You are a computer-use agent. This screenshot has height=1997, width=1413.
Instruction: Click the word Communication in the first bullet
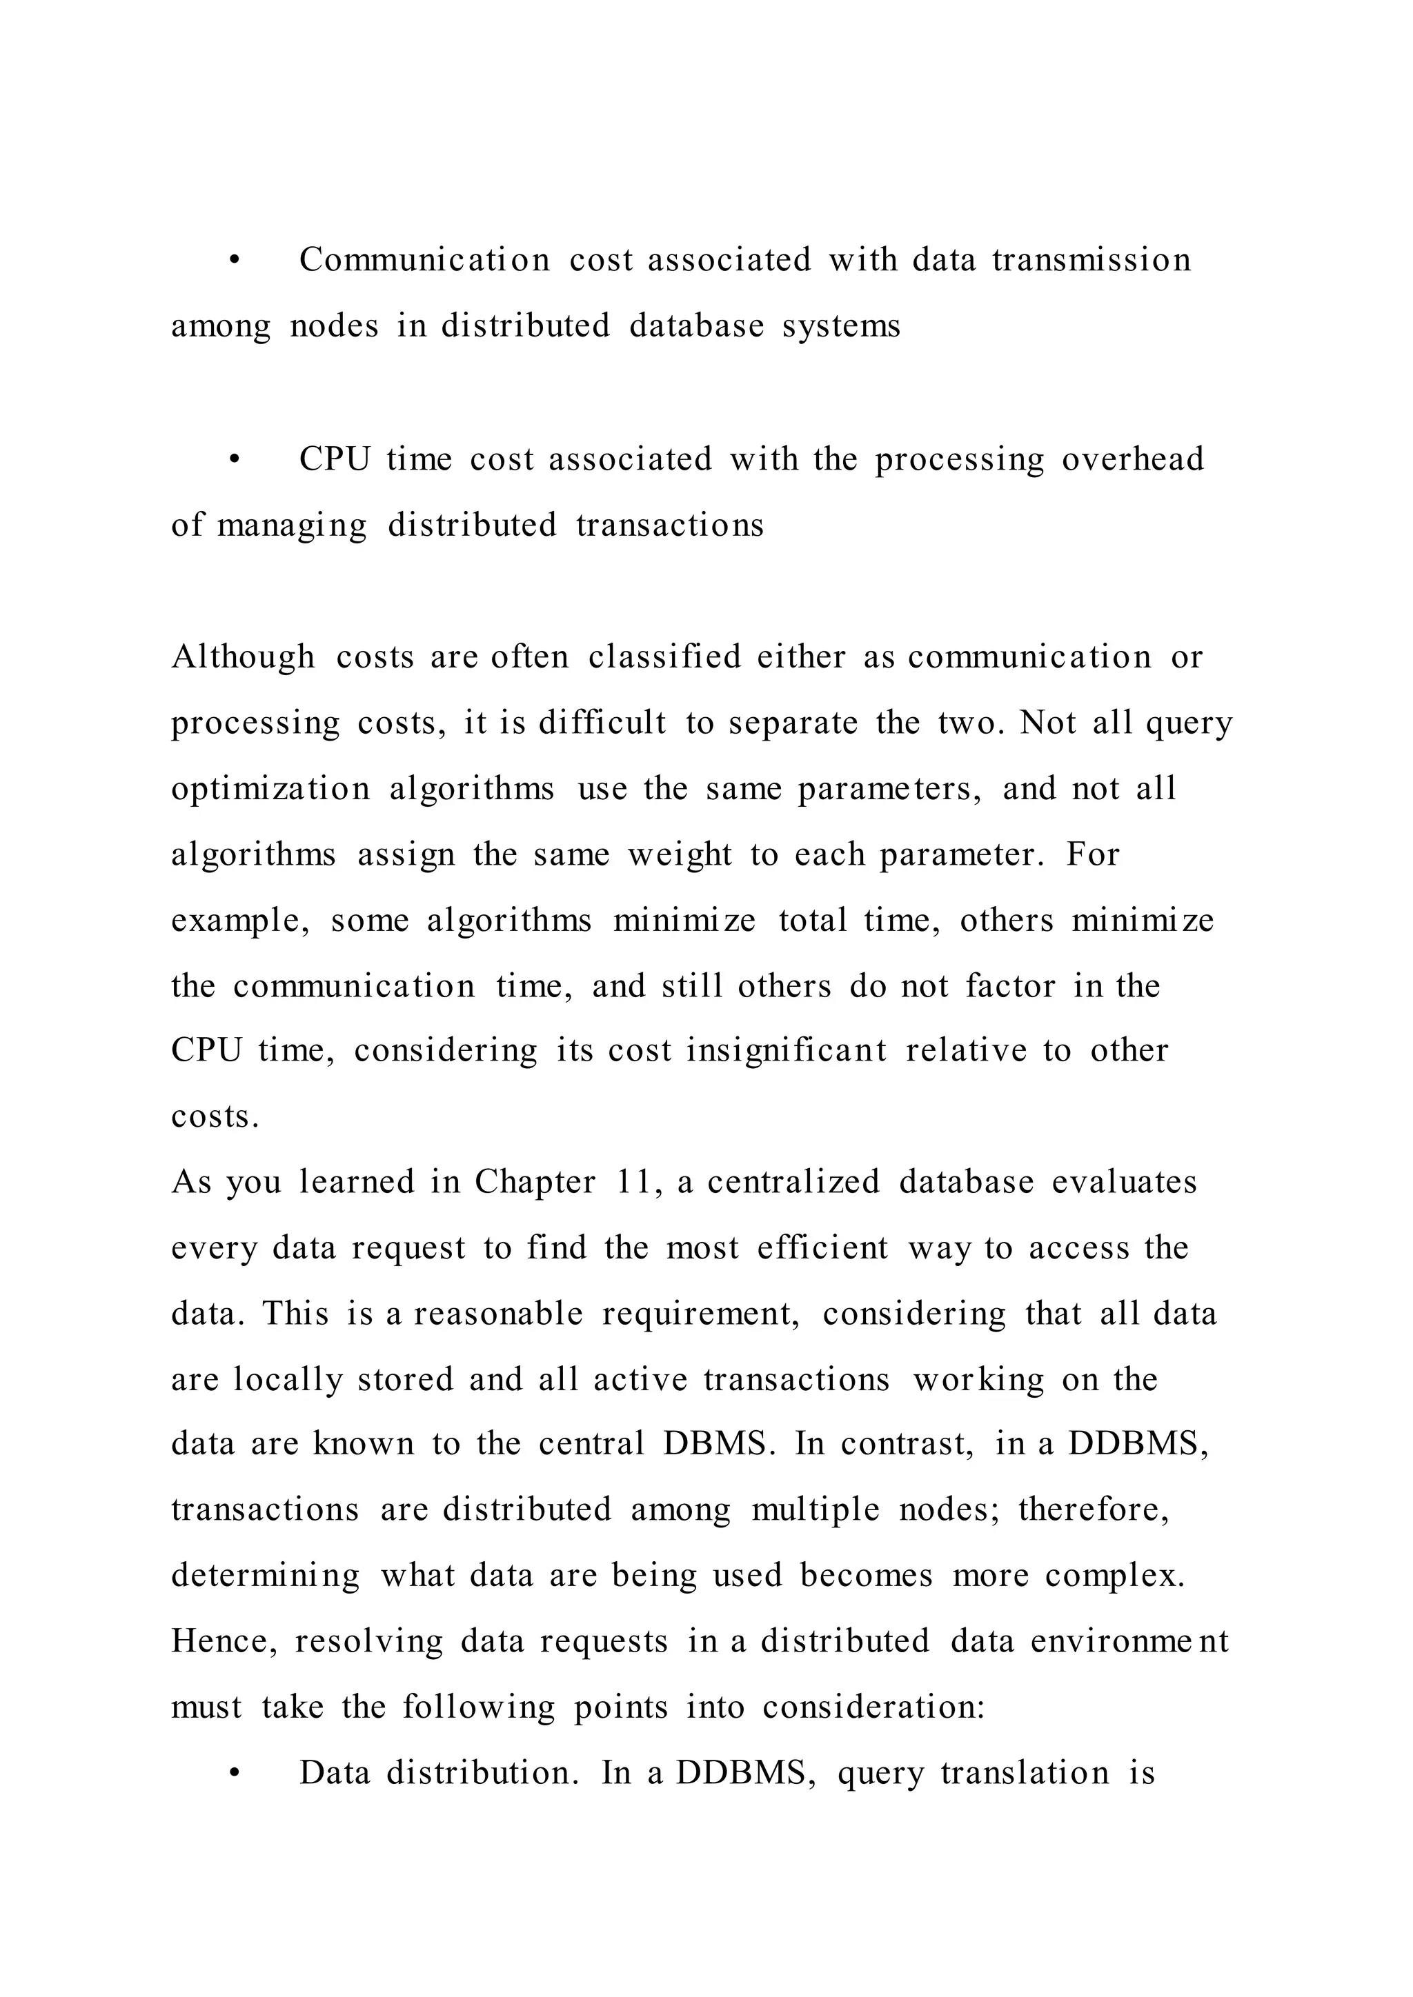tap(424, 260)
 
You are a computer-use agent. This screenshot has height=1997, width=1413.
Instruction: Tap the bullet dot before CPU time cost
tap(233, 460)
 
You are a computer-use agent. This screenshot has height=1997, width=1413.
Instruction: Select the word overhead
tap(1132, 459)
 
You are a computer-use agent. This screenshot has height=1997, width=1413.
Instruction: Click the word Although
tap(243, 658)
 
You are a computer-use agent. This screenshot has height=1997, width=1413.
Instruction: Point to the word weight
tap(680, 855)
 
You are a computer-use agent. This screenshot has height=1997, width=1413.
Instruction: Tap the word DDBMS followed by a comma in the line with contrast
tap(1137, 1445)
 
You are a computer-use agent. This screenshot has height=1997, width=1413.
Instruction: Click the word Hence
tap(224, 1642)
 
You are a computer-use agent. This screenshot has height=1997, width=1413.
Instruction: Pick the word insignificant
tap(787, 1051)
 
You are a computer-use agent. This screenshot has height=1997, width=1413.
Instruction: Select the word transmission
tap(1091, 260)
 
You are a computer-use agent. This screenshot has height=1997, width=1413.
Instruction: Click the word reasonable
tap(497, 1314)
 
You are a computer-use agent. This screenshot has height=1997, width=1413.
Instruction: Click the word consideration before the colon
tap(873, 1708)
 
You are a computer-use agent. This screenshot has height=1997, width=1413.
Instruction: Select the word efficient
tap(822, 1248)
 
